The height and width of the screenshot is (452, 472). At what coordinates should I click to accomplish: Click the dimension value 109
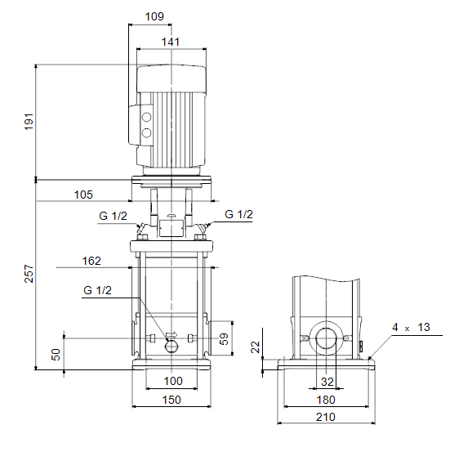pyautogui.click(x=154, y=16)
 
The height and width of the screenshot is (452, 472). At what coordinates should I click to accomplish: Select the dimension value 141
pyautogui.click(x=171, y=42)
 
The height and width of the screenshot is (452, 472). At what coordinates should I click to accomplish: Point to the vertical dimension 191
pyautogui.click(x=29, y=122)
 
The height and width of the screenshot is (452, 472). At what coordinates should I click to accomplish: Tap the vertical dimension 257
pyautogui.click(x=29, y=274)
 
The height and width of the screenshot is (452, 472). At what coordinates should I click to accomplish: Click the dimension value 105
pyautogui.click(x=83, y=195)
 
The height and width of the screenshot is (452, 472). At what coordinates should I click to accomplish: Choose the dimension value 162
pyautogui.click(x=91, y=261)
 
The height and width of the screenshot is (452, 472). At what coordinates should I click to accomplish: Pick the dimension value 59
pyautogui.click(x=224, y=338)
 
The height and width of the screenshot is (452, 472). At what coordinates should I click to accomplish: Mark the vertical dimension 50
pyautogui.click(x=56, y=355)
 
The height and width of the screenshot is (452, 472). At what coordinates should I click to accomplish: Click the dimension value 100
pyautogui.click(x=173, y=381)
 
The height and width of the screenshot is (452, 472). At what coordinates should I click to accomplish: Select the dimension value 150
pyautogui.click(x=171, y=400)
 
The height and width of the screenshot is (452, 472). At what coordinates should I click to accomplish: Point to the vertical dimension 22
pyautogui.click(x=256, y=347)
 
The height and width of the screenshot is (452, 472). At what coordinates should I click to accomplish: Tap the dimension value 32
pyautogui.click(x=327, y=382)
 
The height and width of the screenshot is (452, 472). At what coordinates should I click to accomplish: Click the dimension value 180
pyautogui.click(x=326, y=400)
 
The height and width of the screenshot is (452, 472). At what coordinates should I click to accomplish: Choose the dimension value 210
pyautogui.click(x=326, y=417)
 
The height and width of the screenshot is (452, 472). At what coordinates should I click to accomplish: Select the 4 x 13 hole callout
pyautogui.click(x=411, y=327)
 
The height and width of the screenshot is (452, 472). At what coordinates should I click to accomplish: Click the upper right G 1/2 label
pyautogui.click(x=238, y=214)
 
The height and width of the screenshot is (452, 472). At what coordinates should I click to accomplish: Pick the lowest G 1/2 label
pyautogui.click(x=97, y=290)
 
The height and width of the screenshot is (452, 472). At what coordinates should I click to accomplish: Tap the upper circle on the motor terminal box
pyautogui.click(x=147, y=117)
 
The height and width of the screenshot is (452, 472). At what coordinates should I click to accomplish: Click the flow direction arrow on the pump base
pyautogui.click(x=171, y=334)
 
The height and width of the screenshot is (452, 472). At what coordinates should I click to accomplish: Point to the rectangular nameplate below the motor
pyautogui.click(x=171, y=228)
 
